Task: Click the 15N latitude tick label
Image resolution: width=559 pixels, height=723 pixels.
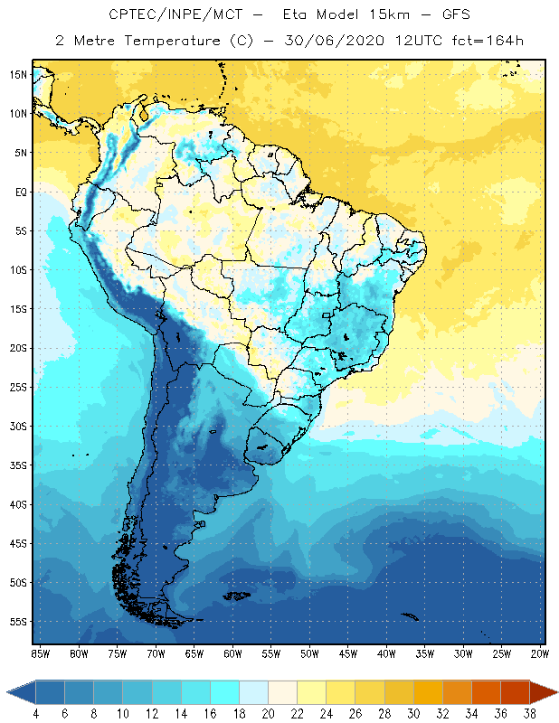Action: pyautogui.click(x=18, y=75)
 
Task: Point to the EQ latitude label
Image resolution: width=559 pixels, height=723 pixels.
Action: pyautogui.click(x=18, y=192)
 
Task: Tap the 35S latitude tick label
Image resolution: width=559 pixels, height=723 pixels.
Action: pyautogui.click(x=18, y=465)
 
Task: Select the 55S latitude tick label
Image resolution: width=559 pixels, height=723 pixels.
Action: pyautogui.click(x=18, y=622)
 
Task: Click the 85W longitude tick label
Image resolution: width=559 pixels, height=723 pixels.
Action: pyautogui.click(x=40, y=653)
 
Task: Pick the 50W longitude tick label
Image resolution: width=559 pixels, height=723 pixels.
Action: pyautogui.click(x=310, y=653)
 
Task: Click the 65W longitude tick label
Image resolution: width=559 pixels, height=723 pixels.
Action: pyautogui.click(x=194, y=653)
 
